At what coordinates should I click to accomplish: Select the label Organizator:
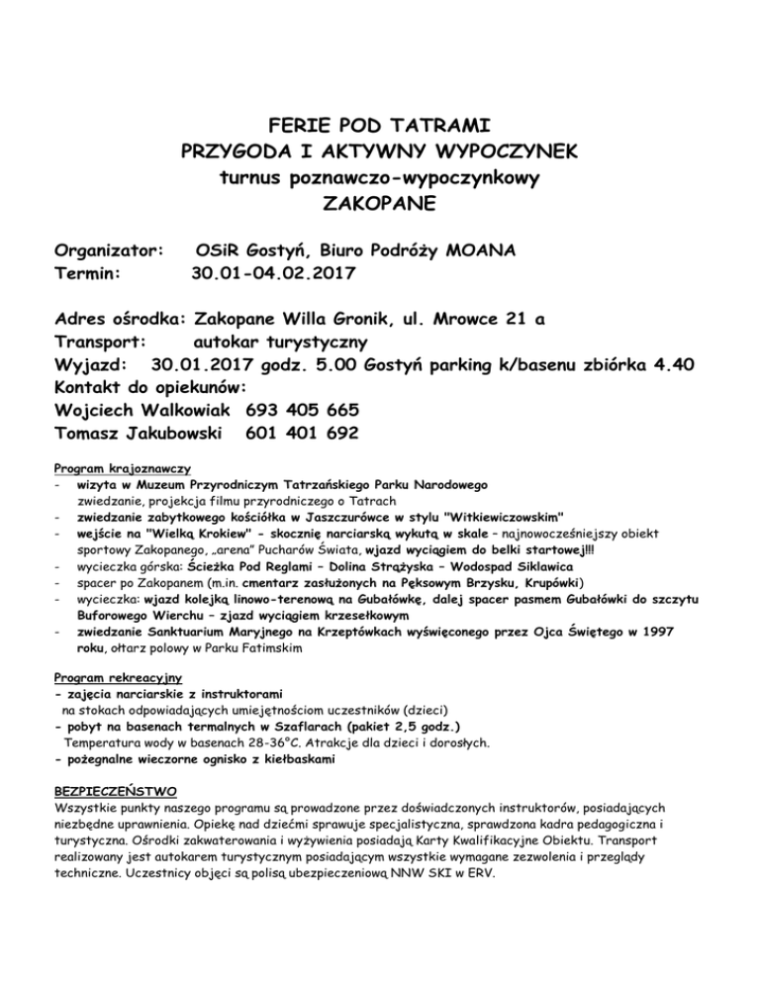109,247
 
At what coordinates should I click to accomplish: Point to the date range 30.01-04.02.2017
273,271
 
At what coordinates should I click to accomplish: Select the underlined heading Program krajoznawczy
123,467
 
